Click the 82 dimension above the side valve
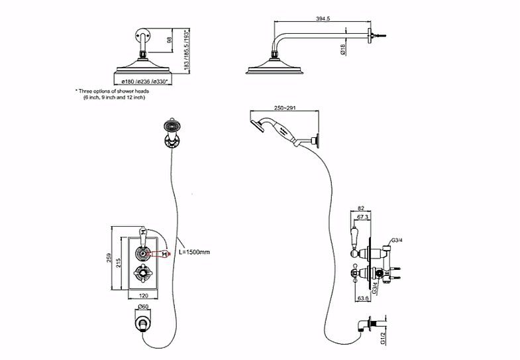click(x=360, y=208)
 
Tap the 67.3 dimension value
click(x=362, y=217)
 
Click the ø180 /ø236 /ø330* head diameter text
click(x=141, y=81)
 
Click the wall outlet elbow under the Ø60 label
click(x=142, y=324)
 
